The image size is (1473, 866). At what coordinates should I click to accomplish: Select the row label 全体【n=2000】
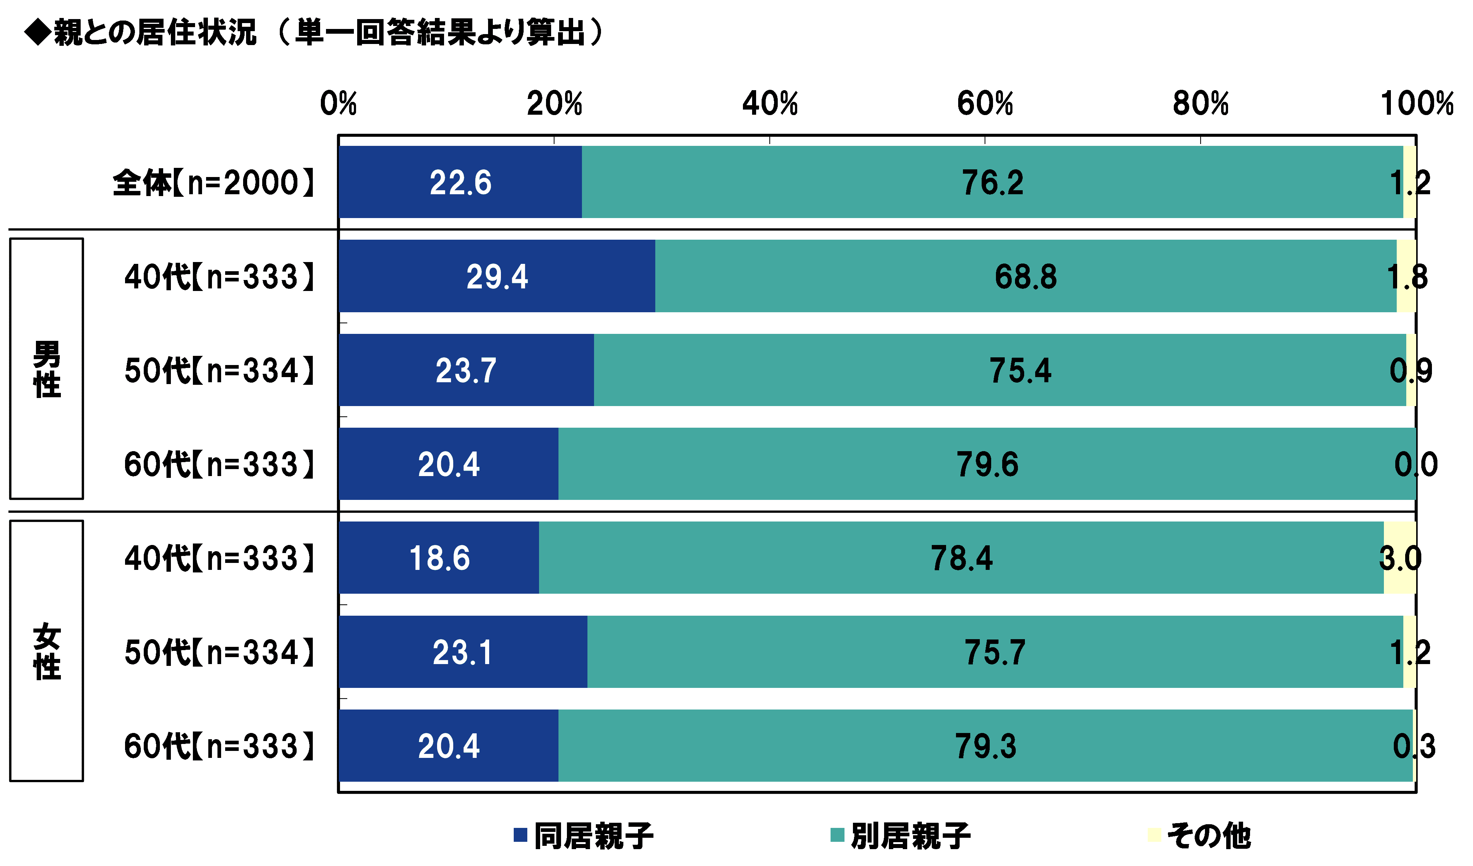(x=214, y=183)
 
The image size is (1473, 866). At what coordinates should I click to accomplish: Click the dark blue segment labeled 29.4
(x=497, y=276)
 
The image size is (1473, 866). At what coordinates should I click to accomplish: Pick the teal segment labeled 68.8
(x=1026, y=276)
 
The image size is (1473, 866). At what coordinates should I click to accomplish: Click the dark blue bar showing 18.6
(x=439, y=558)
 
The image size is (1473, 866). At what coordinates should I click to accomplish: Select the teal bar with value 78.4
(x=961, y=558)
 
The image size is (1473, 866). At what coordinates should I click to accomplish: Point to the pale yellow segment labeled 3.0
(x=1400, y=558)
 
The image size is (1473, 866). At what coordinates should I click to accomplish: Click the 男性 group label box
(x=47, y=369)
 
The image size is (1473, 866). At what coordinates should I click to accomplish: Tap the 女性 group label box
(x=47, y=651)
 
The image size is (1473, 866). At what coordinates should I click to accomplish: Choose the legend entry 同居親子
(x=585, y=836)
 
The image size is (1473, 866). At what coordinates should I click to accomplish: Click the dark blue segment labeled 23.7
(x=466, y=371)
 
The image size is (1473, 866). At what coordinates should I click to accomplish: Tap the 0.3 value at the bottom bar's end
(x=1415, y=746)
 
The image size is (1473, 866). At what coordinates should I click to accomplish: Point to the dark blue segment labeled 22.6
(x=460, y=183)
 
